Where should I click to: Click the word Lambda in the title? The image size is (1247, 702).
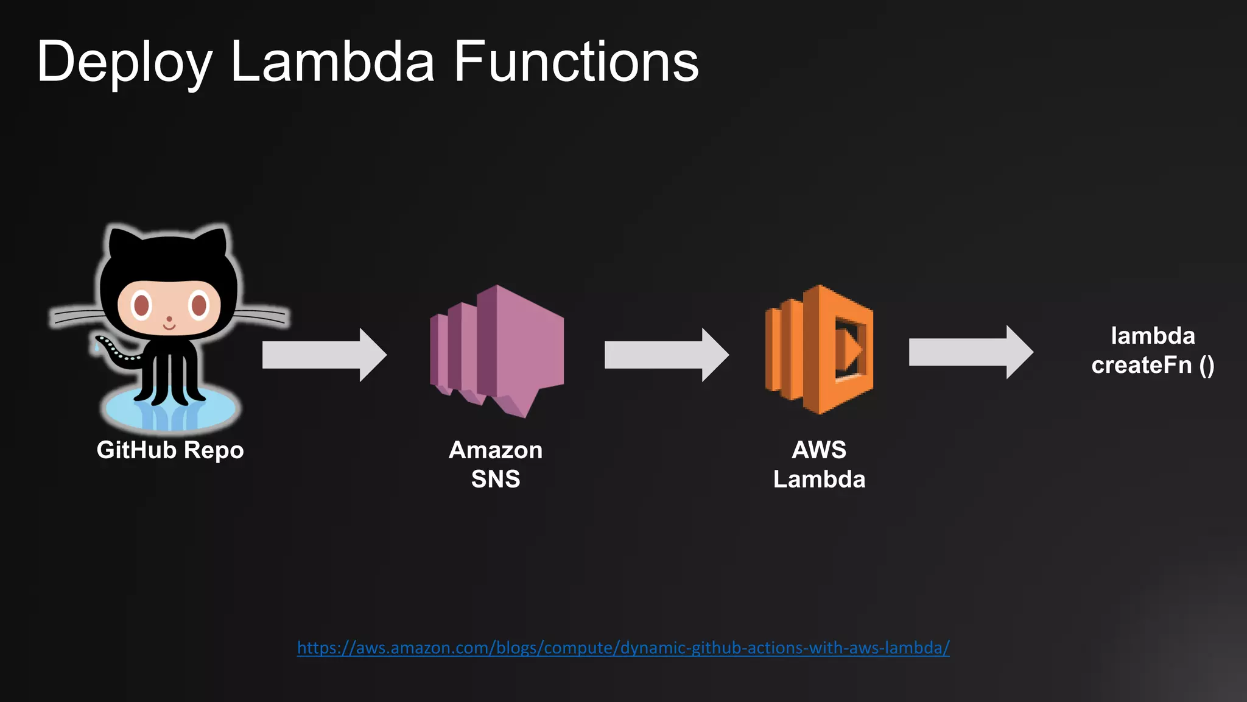coord(332,62)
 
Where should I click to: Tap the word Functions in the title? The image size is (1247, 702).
coord(576,62)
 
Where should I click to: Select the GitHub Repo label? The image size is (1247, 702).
coord(170,450)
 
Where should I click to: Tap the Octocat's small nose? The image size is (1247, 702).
coord(169,319)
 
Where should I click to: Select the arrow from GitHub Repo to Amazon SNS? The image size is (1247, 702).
coord(324,355)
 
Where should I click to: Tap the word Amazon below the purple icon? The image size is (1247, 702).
coord(495,450)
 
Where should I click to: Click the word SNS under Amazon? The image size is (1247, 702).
coord(495,479)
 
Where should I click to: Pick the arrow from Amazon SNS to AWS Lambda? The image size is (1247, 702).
coord(666,355)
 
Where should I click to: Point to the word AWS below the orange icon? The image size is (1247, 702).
coord(819,450)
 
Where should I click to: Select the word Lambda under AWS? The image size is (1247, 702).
coord(819,480)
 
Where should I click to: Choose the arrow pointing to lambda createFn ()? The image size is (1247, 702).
coord(971,352)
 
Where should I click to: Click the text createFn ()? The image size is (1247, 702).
coord(1152,366)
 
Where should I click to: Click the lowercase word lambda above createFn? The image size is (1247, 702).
coord(1152,336)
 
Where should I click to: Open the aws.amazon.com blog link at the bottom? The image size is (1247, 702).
coord(623,648)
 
